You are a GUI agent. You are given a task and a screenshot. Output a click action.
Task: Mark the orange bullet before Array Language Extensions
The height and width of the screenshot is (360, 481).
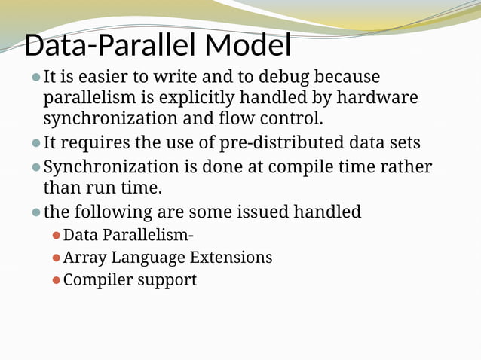[56, 258]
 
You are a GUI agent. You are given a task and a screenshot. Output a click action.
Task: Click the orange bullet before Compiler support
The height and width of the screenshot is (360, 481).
[56, 280]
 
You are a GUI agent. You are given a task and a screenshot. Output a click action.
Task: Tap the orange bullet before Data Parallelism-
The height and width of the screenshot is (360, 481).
[56, 236]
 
